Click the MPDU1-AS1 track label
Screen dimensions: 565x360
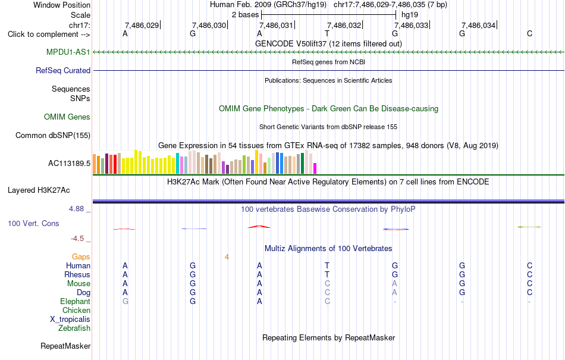68,52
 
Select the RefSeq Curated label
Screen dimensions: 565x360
63,71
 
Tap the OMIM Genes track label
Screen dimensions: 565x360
67,117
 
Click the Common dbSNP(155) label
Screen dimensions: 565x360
53,136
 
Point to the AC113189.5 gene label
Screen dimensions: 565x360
69,164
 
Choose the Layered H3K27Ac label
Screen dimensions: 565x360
39,190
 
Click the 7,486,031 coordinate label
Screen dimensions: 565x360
275,25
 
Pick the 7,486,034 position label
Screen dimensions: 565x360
478,25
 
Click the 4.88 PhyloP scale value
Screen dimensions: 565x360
76,209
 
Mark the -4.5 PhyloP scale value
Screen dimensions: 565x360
77,239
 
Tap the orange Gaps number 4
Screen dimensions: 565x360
227,257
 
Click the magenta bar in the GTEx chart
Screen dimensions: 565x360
315,168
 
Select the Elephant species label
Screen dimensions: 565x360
76,302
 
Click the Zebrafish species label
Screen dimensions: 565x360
74,328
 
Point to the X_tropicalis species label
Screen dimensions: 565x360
70,320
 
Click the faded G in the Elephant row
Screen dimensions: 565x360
125,301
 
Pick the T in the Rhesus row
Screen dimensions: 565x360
327,274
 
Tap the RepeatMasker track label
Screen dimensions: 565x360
65,346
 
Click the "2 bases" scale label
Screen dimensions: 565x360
245,15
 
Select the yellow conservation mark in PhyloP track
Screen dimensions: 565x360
529,227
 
